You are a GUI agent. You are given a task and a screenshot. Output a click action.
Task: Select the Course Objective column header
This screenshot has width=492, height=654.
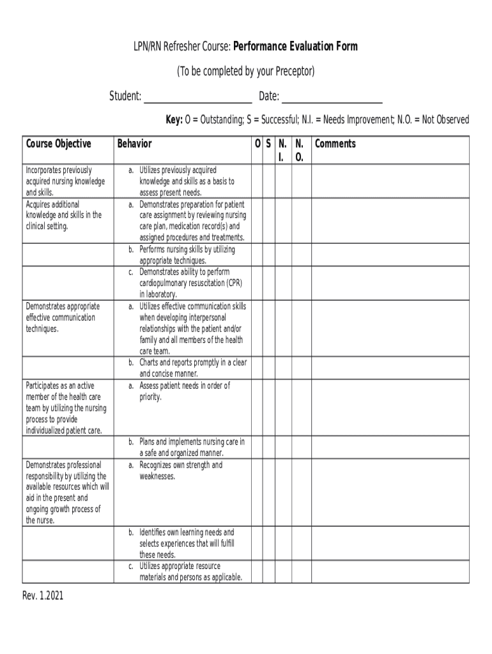pyautogui.click(x=58, y=144)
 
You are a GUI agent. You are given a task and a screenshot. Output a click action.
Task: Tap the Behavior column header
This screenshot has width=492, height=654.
pyautogui.click(x=134, y=144)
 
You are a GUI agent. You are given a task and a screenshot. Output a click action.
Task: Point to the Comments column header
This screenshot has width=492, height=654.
pyautogui.click(x=335, y=144)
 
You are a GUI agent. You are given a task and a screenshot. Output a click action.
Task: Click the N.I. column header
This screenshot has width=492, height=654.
pyautogui.click(x=282, y=149)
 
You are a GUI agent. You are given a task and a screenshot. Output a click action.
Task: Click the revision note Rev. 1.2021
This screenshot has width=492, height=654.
pyautogui.click(x=43, y=597)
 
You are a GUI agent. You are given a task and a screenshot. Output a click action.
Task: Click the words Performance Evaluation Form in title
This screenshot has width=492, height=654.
pyautogui.click(x=295, y=47)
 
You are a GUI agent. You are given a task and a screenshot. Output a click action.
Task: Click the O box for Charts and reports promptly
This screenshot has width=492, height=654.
pyautogui.click(x=256, y=368)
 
